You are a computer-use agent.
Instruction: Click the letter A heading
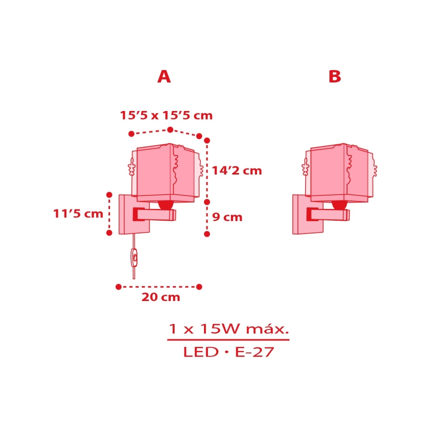(x=164, y=76)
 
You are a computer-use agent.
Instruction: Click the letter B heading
(x=334, y=76)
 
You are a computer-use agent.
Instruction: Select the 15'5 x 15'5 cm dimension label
(x=166, y=115)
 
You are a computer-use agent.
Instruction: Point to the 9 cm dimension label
(x=227, y=217)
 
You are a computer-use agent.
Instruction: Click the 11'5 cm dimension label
(x=78, y=214)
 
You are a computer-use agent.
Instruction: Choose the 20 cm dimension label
(x=160, y=297)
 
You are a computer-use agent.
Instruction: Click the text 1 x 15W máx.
(x=228, y=329)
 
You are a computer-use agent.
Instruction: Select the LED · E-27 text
(x=228, y=352)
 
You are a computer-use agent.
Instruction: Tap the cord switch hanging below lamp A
(x=134, y=258)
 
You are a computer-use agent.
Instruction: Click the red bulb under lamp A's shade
(x=165, y=204)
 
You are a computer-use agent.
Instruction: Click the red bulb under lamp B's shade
(x=338, y=204)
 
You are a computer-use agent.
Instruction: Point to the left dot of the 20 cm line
(x=118, y=286)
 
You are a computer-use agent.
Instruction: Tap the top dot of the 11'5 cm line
(x=109, y=193)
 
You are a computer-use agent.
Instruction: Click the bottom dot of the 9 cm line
(x=206, y=233)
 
